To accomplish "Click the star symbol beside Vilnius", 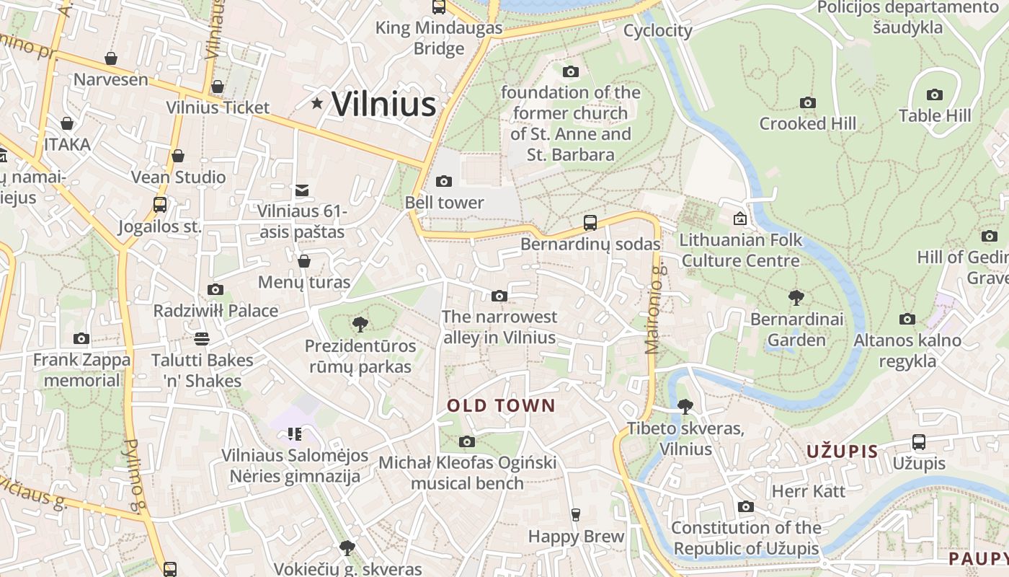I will (x=316, y=103).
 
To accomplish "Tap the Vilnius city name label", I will (x=383, y=104).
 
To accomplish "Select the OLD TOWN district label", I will (x=501, y=405).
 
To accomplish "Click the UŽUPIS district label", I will (x=842, y=452).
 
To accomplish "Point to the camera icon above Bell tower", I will (x=444, y=181).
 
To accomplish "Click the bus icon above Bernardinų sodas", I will (x=590, y=222).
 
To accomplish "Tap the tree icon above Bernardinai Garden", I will (x=796, y=297).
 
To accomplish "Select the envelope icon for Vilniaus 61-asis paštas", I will (x=302, y=190).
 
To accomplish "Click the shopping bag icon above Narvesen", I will (x=111, y=58).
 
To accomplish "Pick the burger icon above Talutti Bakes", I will (x=201, y=338).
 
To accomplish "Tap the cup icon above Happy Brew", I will (x=575, y=514).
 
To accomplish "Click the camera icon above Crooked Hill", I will (x=807, y=103).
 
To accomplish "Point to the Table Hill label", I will (x=934, y=115).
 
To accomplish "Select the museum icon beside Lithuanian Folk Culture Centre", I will (x=739, y=218).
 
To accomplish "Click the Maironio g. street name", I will (x=653, y=309).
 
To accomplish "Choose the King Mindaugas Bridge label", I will (x=439, y=38).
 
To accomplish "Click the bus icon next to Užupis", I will (x=918, y=441).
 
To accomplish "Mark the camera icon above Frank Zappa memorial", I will (x=81, y=338).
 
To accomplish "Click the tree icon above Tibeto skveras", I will (x=685, y=407).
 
